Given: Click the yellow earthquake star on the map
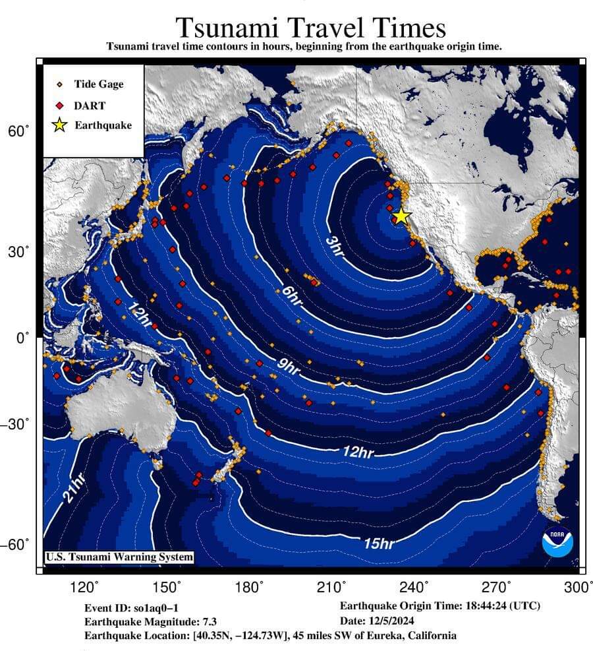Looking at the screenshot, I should click(401, 216).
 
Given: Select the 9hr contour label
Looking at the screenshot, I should click(288, 367).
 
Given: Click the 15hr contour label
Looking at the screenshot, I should click(379, 543).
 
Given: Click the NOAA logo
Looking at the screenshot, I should click(557, 542).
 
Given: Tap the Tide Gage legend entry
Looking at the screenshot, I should click(98, 84).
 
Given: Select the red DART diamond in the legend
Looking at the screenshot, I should click(59, 105).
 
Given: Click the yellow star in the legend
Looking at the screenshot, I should click(59, 125).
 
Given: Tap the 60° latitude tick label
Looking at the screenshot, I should click(18, 131).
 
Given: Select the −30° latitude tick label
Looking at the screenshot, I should click(16, 423).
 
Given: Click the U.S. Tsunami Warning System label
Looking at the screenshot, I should click(119, 557).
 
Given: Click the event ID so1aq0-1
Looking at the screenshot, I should click(159, 607).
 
